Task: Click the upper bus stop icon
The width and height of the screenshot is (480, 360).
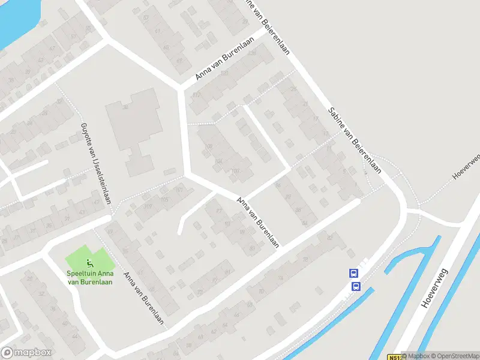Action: [353, 273]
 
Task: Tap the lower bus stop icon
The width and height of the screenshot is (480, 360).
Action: [355, 286]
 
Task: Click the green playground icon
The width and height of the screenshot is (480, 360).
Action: [89, 262]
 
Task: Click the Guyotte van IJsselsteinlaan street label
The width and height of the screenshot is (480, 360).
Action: [95, 164]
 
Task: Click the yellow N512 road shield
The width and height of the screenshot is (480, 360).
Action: [393, 356]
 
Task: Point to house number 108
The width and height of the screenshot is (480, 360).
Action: [209, 146]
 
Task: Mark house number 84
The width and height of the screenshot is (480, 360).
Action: [305, 223]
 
